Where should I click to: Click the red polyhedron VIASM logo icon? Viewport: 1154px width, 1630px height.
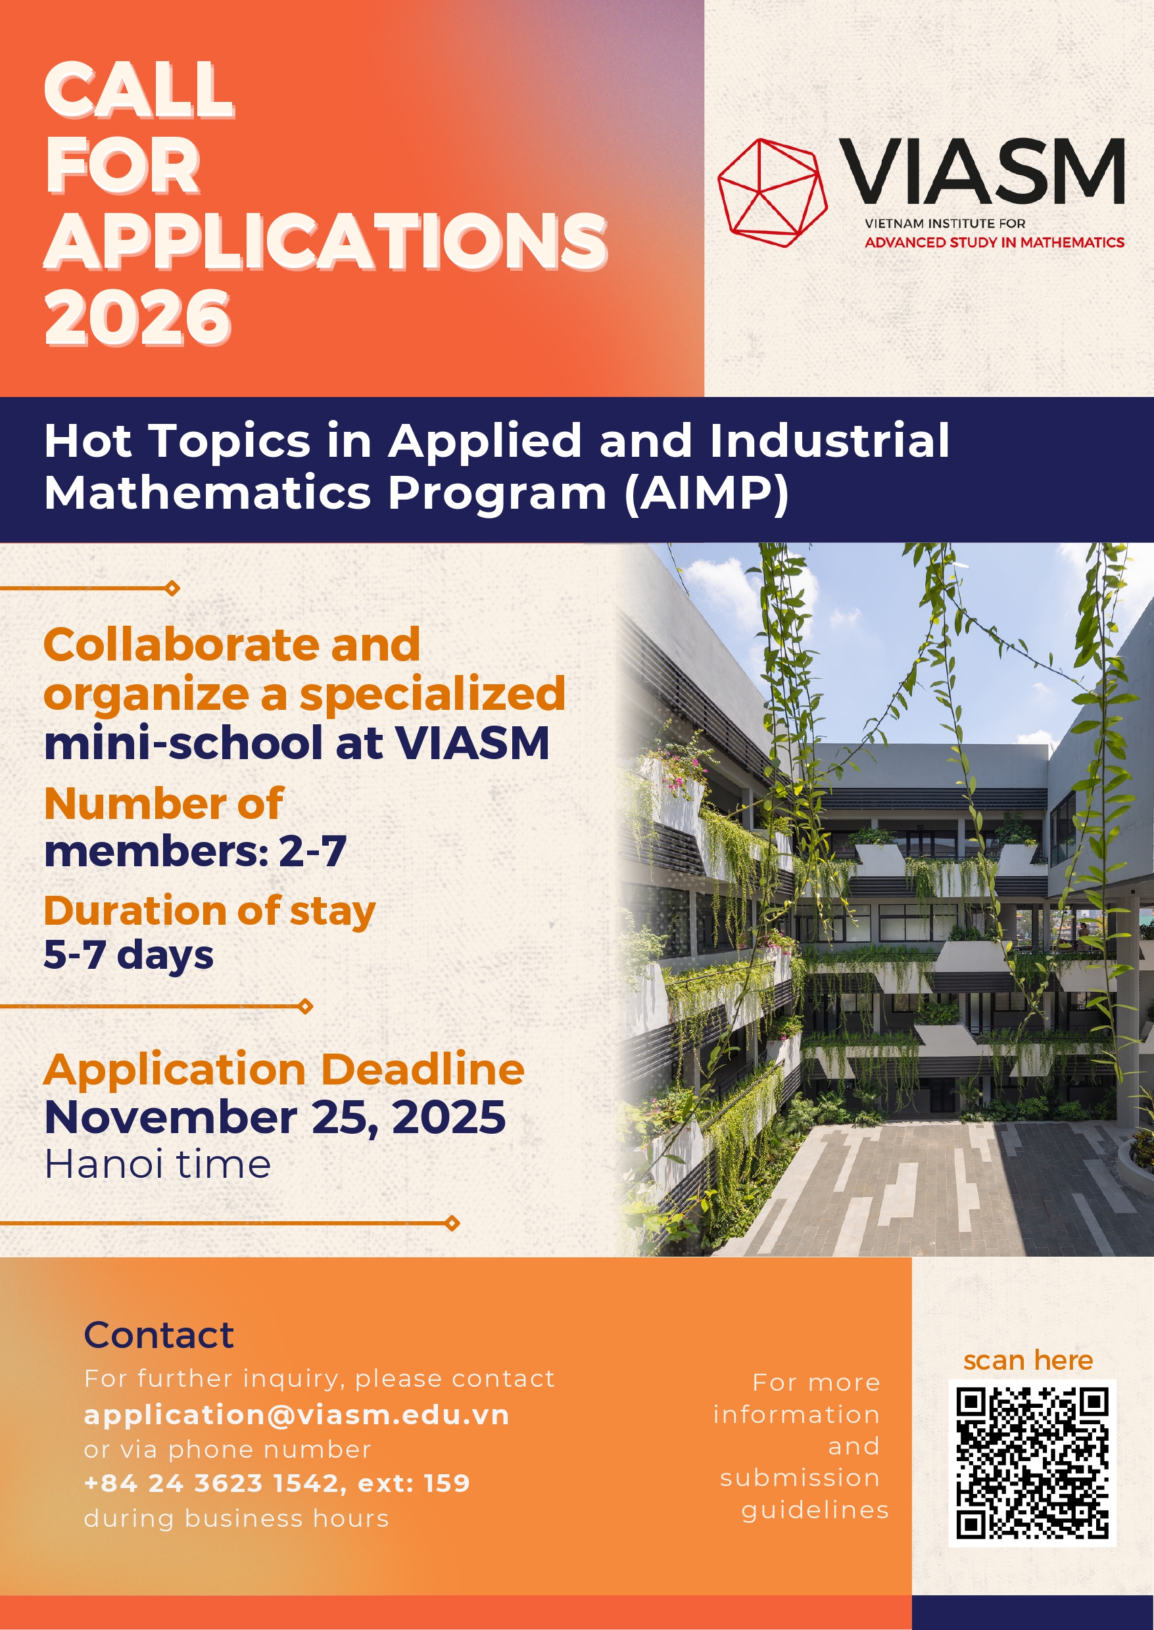tap(773, 193)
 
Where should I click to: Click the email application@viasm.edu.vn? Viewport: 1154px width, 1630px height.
tap(297, 1415)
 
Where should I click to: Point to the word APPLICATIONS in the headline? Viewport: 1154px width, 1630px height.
tap(325, 241)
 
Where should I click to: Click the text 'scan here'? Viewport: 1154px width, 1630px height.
tap(1028, 1360)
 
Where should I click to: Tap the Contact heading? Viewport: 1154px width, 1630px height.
tap(158, 1336)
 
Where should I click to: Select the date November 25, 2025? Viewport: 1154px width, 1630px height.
tap(275, 1117)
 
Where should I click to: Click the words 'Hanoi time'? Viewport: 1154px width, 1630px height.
tap(157, 1165)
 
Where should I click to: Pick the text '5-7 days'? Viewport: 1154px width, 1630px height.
tap(129, 954)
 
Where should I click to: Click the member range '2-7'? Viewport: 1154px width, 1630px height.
tap(312, 851)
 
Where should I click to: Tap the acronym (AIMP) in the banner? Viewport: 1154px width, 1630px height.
tap(706, 493)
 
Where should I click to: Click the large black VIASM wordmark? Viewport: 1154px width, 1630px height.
tap(981, 170)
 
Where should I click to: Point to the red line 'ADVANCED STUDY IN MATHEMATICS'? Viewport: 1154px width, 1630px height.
tap(994, 242)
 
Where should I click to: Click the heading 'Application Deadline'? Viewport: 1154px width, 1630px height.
tap(283, 1069)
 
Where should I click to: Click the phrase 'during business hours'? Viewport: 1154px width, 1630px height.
tap(236, 1518)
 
